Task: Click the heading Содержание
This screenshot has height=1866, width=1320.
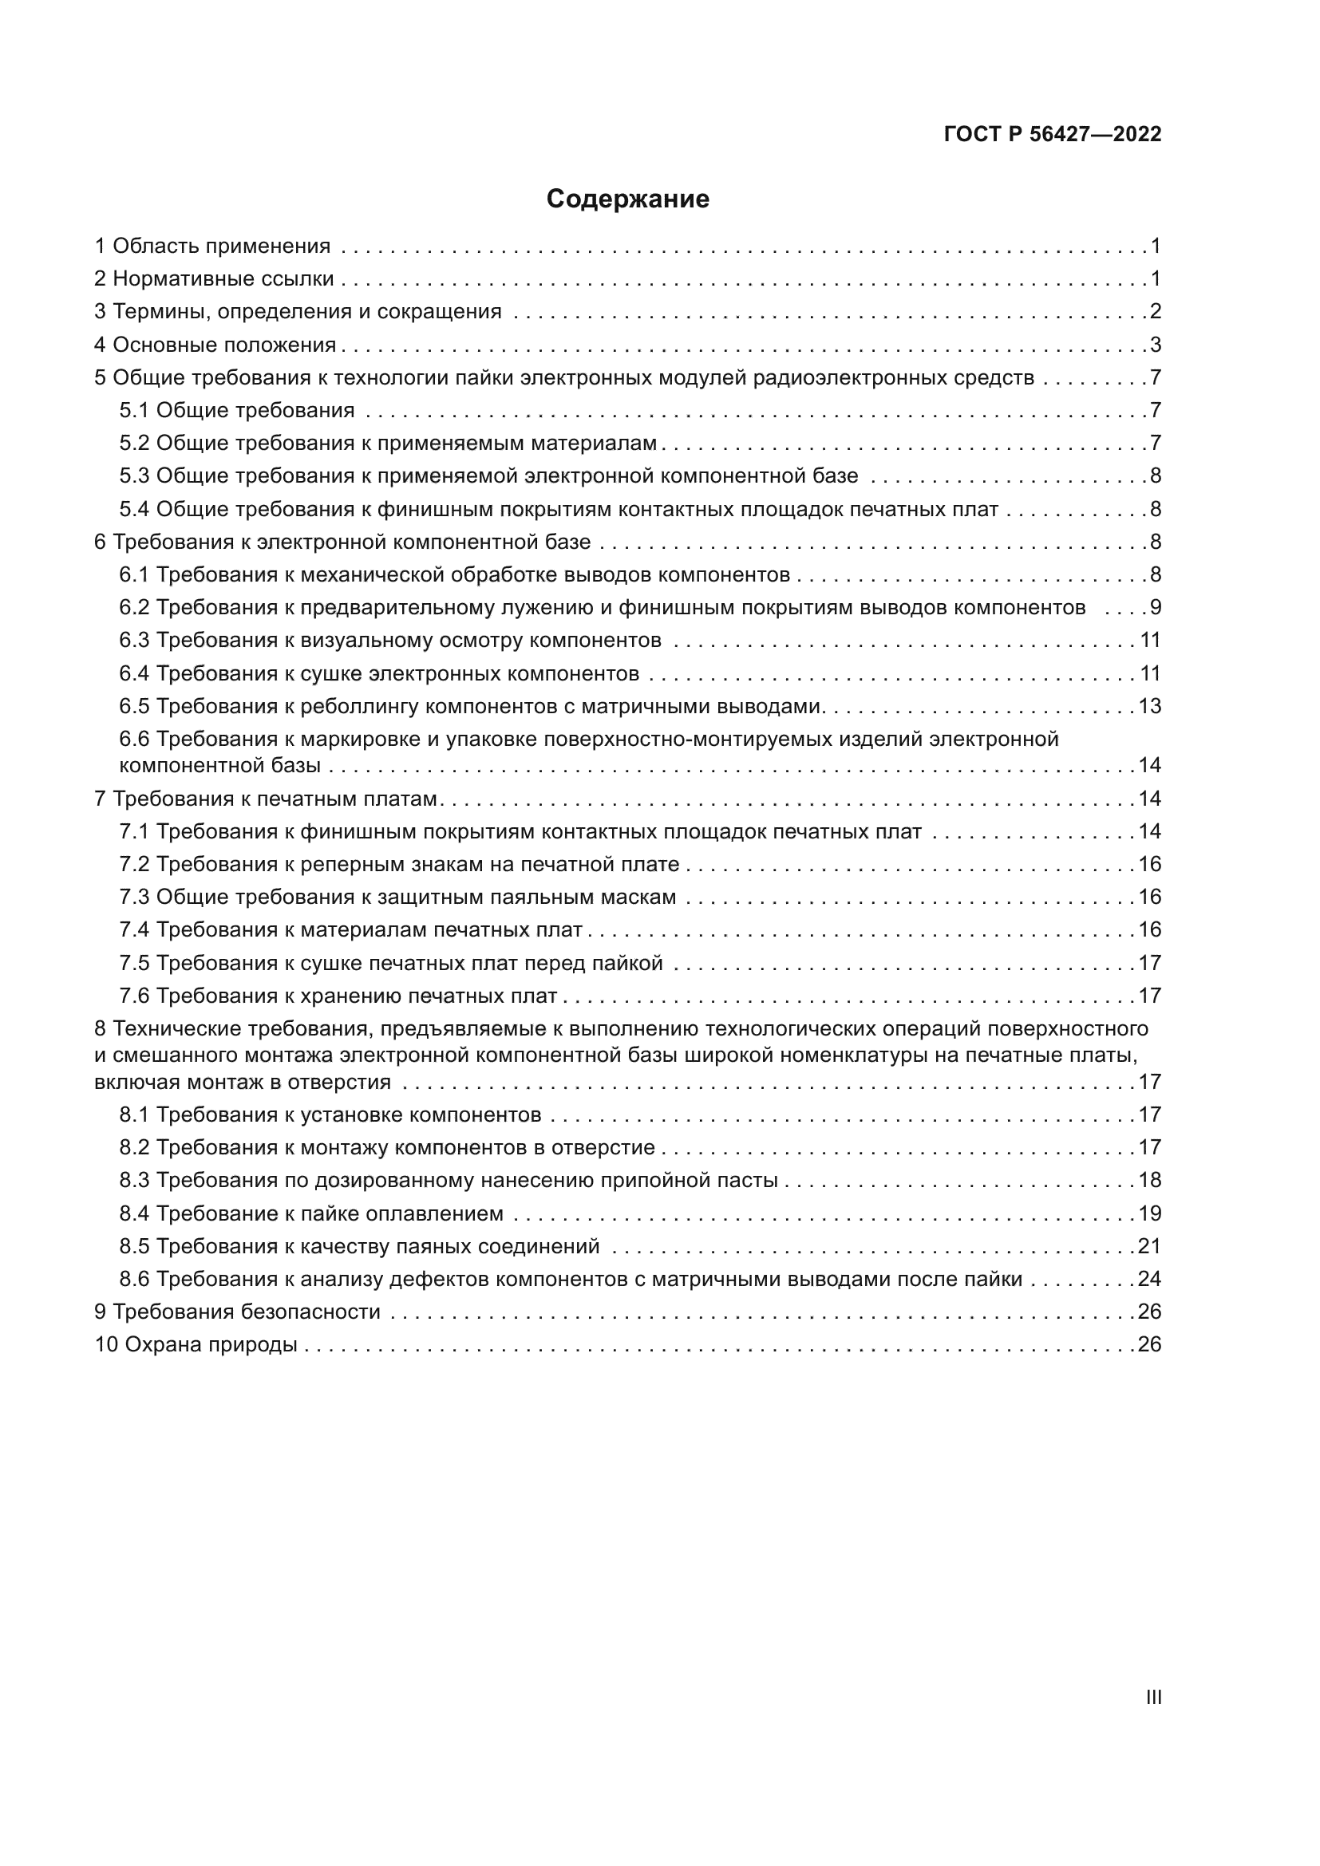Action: coord(627,199)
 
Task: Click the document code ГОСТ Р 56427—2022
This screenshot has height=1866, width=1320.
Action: coord(1053,134)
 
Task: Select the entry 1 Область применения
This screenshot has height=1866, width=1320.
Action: coord(213,247)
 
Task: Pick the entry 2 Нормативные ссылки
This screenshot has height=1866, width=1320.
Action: coord(215,278)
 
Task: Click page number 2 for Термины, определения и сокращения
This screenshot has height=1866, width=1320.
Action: coord(1155,312)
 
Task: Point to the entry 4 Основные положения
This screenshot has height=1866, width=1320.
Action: coord(215,345)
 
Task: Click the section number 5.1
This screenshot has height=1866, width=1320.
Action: coord(134,410)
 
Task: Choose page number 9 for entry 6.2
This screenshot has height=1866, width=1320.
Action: coord(1155,607)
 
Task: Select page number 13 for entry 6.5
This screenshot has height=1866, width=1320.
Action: coord(1149,706)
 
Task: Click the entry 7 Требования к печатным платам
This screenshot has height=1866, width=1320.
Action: coord(267,799)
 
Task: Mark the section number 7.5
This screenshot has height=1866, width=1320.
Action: coord(134,963)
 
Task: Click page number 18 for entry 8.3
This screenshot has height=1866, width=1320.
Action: coord(1149,1180)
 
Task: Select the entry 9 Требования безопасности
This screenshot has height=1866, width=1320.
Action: coord(237,1312)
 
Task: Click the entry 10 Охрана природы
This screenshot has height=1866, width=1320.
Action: coord(196,1344)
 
